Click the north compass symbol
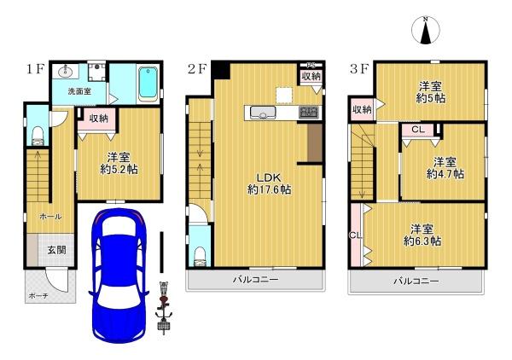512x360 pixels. coord(426,30)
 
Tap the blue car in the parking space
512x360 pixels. coord(119,276)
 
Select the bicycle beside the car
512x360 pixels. coord(164,308)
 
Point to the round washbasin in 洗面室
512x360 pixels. coord(67,71)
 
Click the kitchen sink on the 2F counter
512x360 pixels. coord(263,113)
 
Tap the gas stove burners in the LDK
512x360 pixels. coord(309,113)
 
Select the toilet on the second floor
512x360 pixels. coord(200,257)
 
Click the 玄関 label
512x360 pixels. coord(57,250)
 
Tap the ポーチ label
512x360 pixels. coord(38,296)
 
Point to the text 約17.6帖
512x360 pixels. coord(270,189)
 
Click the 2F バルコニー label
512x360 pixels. coord(255,279)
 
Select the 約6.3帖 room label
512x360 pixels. coord(422,241)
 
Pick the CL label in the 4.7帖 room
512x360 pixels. coord(418,130)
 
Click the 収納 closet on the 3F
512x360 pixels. coord(362,110)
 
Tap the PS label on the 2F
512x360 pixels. coord(311,65)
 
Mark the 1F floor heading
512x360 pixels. coord(35,70)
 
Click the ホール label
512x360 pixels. coord(50,217)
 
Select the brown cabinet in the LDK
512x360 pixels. coord(315,142)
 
